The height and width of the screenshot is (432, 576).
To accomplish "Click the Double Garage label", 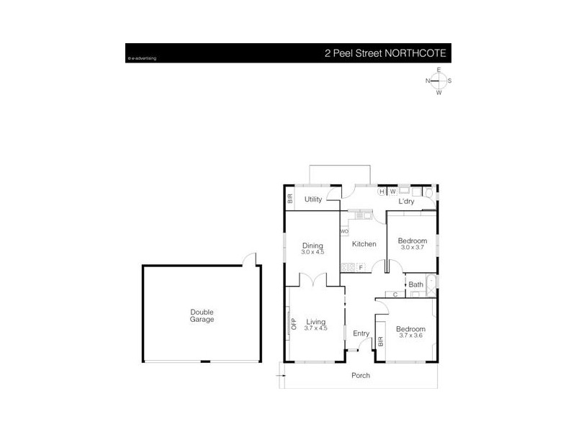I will [202, 315].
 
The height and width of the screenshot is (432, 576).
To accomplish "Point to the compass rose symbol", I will [438, 81].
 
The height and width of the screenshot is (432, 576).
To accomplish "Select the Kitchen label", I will [364, 244].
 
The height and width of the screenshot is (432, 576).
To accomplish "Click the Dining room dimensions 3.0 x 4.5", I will [312, 252].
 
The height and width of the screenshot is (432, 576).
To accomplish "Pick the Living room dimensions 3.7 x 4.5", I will [315, 328].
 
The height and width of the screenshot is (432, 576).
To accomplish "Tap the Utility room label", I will [312, 199].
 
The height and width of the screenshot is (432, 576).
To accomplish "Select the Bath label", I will [416, 284].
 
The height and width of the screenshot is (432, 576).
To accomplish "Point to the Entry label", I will [361, 333].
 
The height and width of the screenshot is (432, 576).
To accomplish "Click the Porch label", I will [360, 376].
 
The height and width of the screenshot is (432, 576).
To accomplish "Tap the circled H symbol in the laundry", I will [382, 192].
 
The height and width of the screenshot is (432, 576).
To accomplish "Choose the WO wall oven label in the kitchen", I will [344, 231].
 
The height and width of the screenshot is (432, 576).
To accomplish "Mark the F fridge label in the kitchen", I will [361, 268].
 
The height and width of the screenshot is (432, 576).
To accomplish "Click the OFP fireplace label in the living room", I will [294, 324].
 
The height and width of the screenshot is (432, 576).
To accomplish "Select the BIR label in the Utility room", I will [290, 199].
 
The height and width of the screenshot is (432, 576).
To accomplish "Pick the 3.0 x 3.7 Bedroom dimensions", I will [413, 247].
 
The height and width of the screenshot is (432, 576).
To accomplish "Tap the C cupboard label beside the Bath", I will [396, 294].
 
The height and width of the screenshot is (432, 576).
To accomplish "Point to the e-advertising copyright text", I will [142, 58].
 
